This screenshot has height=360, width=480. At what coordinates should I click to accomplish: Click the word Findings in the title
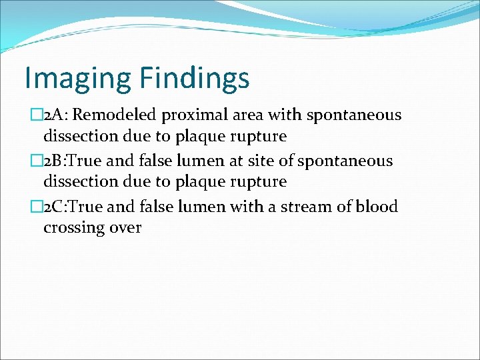[x=195, y=78]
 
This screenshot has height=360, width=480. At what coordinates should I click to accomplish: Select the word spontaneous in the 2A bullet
[x=354, y=115]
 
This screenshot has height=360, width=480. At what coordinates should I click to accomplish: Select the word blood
[x=377, y=207]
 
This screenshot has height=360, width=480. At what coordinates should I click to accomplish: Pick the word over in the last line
[x=126, y=228]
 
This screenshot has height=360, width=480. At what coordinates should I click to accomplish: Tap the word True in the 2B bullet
[x=88, y=161]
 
